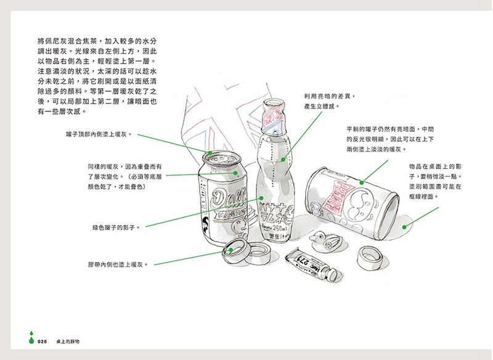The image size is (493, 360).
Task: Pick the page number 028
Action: click(43, 341)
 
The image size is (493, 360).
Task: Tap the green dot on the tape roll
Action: click(231, 250)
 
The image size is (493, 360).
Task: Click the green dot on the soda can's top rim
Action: click(210, 152)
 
